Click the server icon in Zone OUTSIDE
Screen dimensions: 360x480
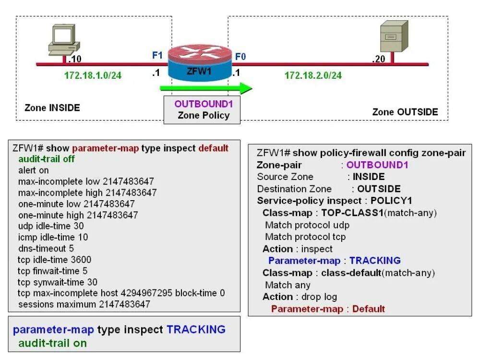(x=391, y=36)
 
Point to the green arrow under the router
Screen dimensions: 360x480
(x=206, y=88)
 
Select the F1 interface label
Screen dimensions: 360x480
(x=157, y=55)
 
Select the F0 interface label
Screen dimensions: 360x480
(x=240, y=57)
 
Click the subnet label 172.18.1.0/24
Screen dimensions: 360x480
(x=93, y=75)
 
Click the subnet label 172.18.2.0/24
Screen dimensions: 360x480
(x=313, y=75)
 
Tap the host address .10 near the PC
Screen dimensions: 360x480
(x=75, y=60)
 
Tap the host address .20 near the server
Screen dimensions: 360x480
(x=379, y=60)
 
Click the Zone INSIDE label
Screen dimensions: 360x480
(x=52, y=108)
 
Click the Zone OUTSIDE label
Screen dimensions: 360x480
(x=405, y=112)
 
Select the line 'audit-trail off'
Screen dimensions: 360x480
(x=46, y=159)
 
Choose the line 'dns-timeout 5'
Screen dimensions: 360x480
(x=46, y=248)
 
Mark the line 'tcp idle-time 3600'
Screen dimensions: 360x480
(x=54, y=260)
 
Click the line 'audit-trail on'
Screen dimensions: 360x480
(x=52, y=343)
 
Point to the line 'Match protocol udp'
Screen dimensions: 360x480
(x=307, y=225)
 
